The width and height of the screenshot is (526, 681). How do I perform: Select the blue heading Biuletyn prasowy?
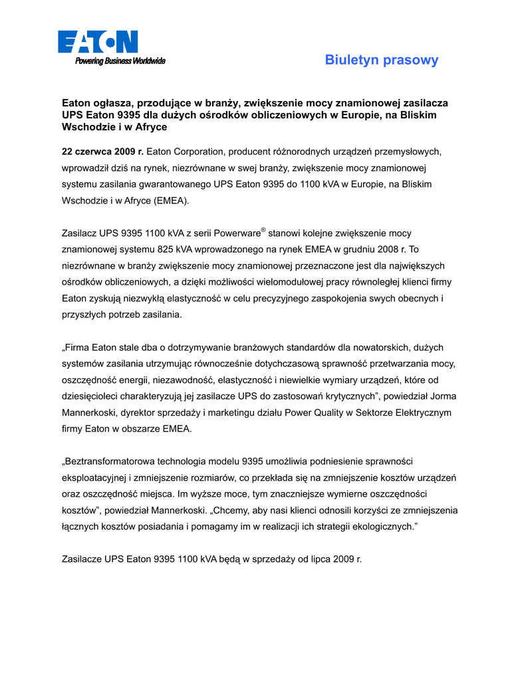click(382, 61)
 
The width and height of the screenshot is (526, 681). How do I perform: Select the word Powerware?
click(237, 233)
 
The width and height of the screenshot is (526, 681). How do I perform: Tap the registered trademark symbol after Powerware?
click(263, 230)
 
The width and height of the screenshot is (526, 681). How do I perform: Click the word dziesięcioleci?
click(93, 396)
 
